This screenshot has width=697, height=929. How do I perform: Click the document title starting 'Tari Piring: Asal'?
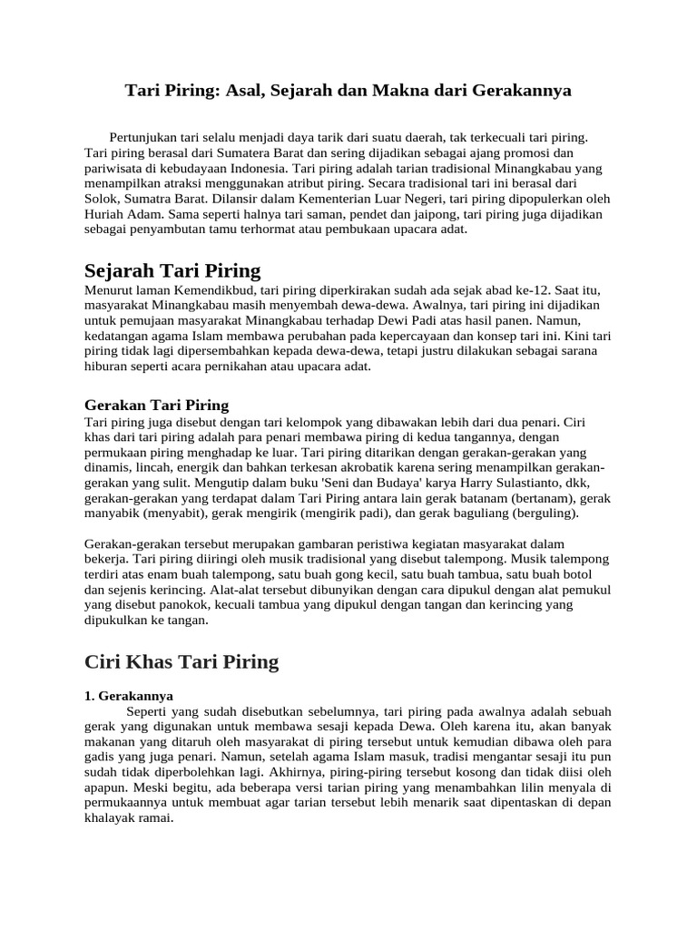348,91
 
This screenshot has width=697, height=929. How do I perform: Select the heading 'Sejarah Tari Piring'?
172,270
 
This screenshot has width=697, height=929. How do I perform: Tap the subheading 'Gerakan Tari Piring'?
156,405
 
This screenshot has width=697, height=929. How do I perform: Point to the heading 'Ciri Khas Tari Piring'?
182,661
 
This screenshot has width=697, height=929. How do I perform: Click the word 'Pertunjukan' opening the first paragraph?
144,137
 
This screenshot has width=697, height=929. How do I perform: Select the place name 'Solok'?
102,199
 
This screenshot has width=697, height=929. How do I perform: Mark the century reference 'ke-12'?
522,290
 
